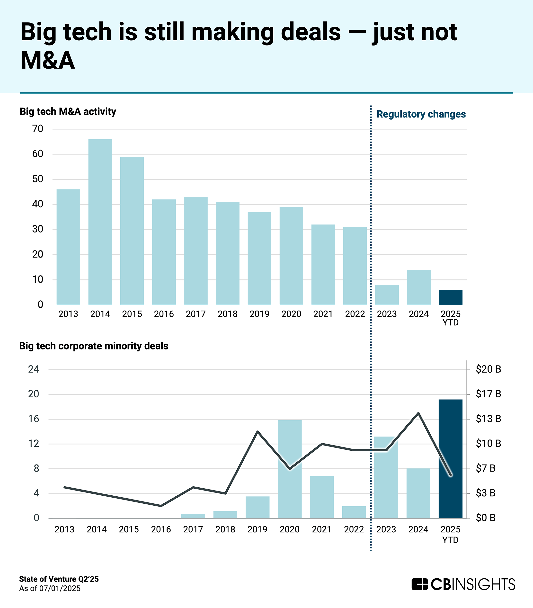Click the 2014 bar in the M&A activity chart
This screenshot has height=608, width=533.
(x=100, y=222)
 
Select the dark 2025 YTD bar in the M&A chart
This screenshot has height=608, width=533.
(x=451, y=297)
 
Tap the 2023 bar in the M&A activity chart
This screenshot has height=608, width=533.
(x=387, y=295)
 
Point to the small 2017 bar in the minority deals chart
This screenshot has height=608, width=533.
(x=193, y=516)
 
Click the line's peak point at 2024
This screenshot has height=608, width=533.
(x=418, y=413)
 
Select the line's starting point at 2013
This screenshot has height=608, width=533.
(x=64, y=487)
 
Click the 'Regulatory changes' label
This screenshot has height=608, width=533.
(x=421, y=114)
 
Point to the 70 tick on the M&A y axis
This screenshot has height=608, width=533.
(x=38, y=129)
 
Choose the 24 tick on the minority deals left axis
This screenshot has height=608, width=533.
(x=34, y=369)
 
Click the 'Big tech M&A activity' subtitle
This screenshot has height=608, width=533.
(x=68, y=112)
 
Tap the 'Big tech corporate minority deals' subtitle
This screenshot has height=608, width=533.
(x=94, y=346)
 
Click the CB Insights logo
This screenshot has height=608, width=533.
(x=463, y=584)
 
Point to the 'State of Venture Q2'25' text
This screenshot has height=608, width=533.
(x=59, y=579)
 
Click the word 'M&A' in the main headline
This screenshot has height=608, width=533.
(x=48, y=60)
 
